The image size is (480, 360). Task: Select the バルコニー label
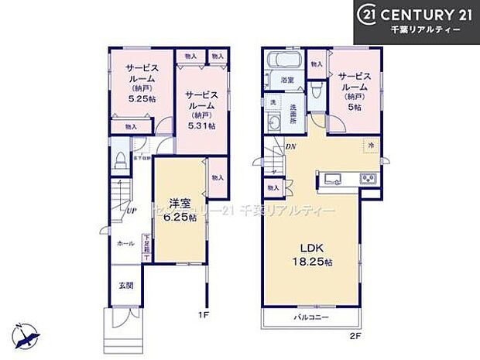(307, 317)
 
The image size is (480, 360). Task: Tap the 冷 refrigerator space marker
(371, 146)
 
